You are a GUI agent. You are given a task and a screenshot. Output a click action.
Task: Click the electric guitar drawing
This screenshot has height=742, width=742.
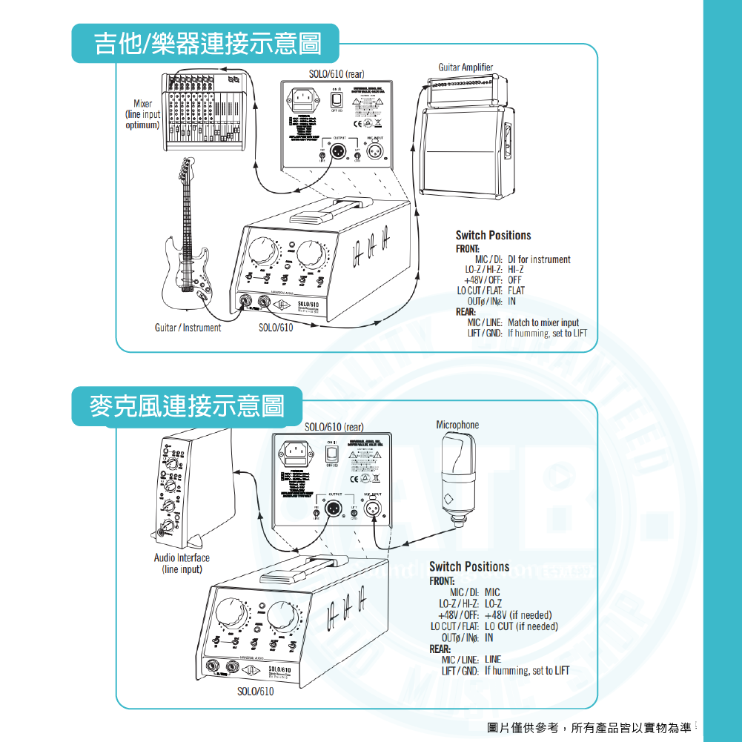[187, 245]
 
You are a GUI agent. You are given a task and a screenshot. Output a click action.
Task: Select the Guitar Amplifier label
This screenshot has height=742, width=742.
[465, 67]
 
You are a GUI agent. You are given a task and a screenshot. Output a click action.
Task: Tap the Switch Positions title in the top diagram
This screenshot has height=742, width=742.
[493, 235]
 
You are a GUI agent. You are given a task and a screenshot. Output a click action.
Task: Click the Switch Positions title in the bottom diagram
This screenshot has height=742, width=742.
[469, 566]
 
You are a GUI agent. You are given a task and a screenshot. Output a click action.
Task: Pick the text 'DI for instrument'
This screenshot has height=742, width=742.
[539, 259]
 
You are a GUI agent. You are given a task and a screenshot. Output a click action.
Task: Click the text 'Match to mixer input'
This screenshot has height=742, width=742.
[543, 322]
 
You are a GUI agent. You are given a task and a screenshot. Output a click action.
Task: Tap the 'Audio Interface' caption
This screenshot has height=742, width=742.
[182, 557]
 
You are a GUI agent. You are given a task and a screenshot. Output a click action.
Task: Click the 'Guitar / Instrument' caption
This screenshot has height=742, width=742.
[188, 327]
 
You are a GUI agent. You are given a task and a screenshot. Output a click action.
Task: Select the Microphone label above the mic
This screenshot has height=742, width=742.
[457, 425]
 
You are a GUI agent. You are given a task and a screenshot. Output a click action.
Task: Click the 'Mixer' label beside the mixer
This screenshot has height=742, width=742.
[143, 104]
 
